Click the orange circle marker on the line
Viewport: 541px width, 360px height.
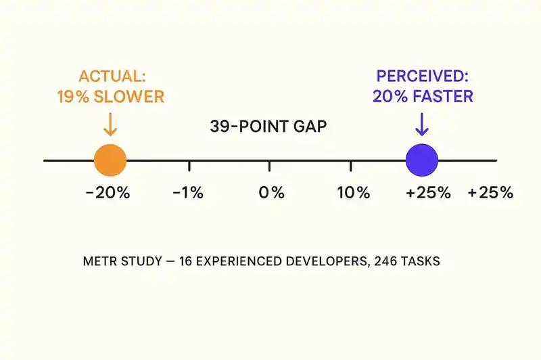tap(110, 160)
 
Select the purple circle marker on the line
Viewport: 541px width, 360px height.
tap(422, 160)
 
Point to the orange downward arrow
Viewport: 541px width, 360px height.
tap(110, 124)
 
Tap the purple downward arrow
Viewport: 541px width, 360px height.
tap(422, 124)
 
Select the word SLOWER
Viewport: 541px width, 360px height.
tap(130, 96)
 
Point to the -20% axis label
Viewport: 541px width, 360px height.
tap(108, 193)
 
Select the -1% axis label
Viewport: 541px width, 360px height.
tap(188, 193)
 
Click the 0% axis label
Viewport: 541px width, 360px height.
tap(271, 193)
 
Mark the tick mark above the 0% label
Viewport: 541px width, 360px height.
tap(270, 166)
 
